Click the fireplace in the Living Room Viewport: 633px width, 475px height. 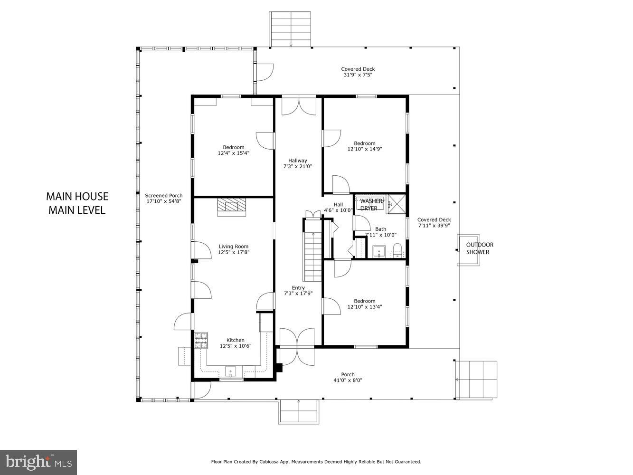(x=232, y=207)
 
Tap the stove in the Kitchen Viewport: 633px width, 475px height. (x=201, y=341)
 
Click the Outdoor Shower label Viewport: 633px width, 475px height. (x=479, y=248)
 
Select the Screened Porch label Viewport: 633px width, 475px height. (x=163, y=199)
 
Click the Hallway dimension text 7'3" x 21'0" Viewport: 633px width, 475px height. (x=298, y=166)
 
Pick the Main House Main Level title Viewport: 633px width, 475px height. (x=77, y=203)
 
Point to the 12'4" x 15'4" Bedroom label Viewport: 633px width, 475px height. (x=234, y=150)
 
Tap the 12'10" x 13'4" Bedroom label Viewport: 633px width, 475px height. (x=364, y=304)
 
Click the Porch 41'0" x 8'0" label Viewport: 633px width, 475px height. (x=348, y=377)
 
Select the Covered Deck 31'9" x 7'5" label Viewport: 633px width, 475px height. (x=358, y=72)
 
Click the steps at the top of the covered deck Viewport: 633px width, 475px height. (x=290, y=29)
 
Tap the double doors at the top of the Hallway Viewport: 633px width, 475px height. (x=299, y=105)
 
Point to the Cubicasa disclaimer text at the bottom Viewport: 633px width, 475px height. (x=316, y=462)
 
